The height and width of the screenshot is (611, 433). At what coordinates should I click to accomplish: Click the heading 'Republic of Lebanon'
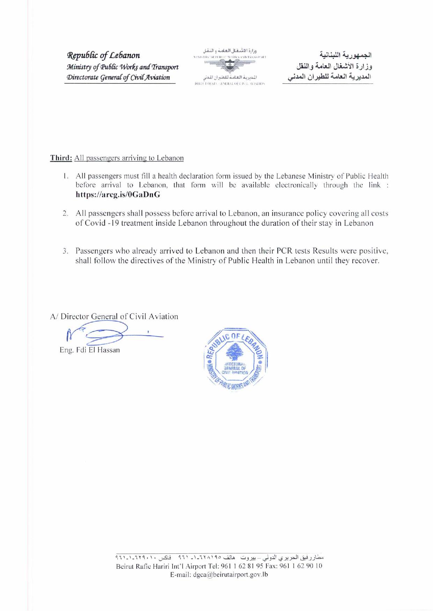(104, 55)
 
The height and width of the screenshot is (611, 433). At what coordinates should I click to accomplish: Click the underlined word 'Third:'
(61, 158)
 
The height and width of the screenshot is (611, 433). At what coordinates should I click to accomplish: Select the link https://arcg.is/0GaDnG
(118, 195)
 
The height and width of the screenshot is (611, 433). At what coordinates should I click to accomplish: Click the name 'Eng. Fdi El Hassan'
(90, 349)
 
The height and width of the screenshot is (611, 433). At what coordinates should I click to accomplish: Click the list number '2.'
(65, 213)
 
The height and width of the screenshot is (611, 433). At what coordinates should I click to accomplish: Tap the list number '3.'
(65, 251)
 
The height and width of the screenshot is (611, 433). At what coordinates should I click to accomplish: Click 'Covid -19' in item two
(98, 223)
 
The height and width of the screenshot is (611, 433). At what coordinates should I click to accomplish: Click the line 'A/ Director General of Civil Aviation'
(114, 316)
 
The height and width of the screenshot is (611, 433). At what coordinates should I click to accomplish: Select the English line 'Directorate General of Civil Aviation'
(118, 77)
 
